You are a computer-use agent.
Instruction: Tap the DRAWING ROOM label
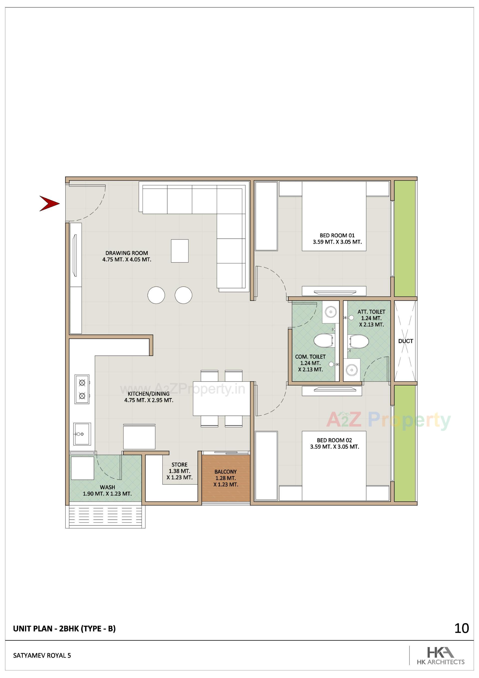[x=126, y=253]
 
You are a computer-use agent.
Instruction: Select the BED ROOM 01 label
[x=337, y=235]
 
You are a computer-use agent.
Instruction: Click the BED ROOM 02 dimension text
[x=334, y=446]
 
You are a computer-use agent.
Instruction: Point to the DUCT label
[x=405, y=341]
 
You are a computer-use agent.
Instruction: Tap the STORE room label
[x=179, y=464]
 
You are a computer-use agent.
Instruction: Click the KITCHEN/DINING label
[x=148, y=394]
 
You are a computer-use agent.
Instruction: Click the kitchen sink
[x=82, y=434]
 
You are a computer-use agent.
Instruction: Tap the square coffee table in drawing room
[x=180, y=251]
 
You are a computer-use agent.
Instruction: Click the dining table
[x=222, y=398]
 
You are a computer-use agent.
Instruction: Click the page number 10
[x=461, y=628]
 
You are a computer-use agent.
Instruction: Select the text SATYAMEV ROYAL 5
[x=42, y=655]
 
